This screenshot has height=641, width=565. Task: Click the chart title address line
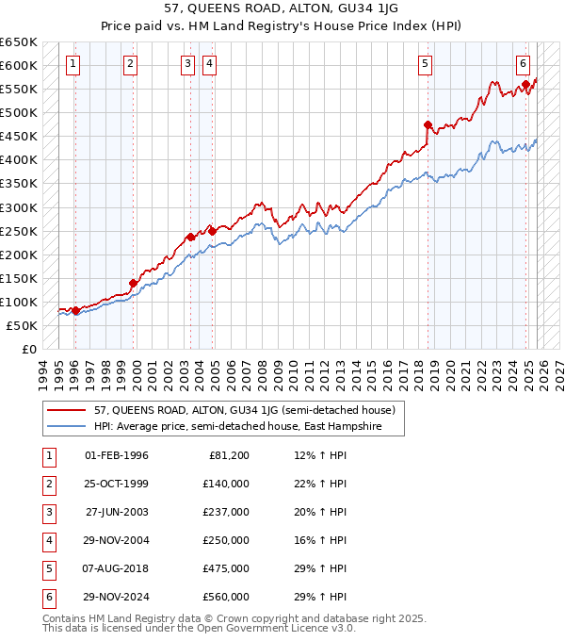[282, 8]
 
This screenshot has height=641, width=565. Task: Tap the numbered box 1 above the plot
[73, 64]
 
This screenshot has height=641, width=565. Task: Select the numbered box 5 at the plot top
[426, 64]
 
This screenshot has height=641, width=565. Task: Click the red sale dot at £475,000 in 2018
[428, 124]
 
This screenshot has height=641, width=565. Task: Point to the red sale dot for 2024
[525, 85]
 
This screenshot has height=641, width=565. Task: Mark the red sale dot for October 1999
[134, 283]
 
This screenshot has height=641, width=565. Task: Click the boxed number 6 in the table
[46, 597]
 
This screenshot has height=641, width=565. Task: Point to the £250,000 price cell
[226, 540]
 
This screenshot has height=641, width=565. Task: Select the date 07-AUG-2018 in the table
[117, 568]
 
